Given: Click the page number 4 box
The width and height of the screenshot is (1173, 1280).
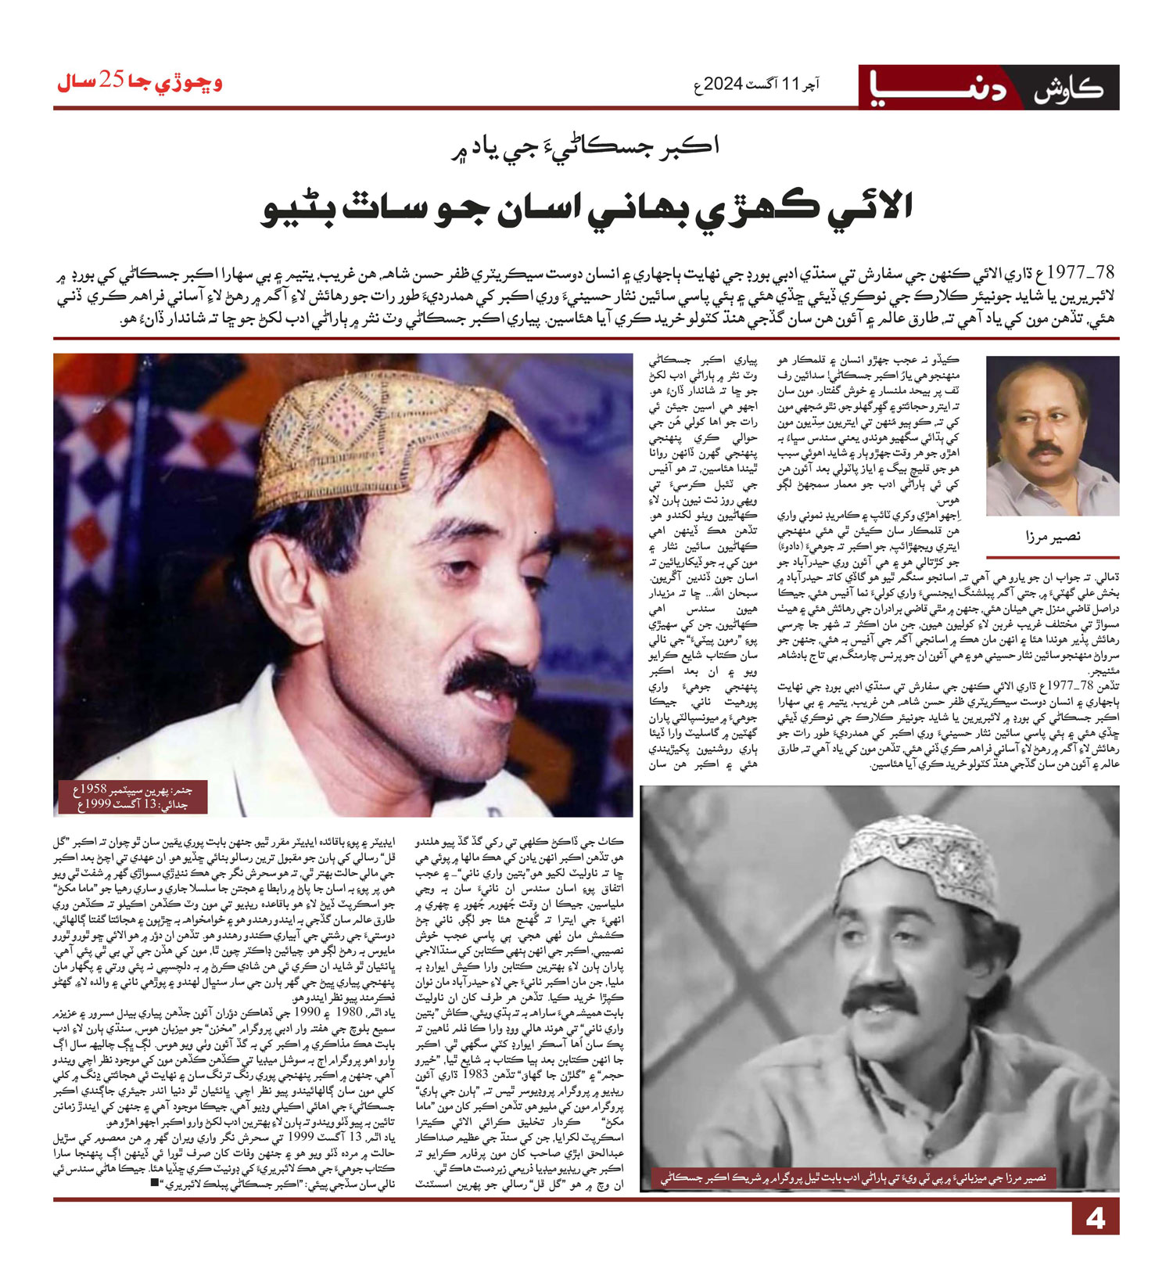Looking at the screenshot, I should click(1095, 1218).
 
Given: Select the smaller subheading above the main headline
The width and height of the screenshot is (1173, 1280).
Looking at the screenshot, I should click(586, 146).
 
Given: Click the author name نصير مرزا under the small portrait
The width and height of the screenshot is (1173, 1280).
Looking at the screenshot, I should click(1052, 536).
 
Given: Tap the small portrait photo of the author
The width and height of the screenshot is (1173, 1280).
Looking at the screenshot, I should click(1052, 435).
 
